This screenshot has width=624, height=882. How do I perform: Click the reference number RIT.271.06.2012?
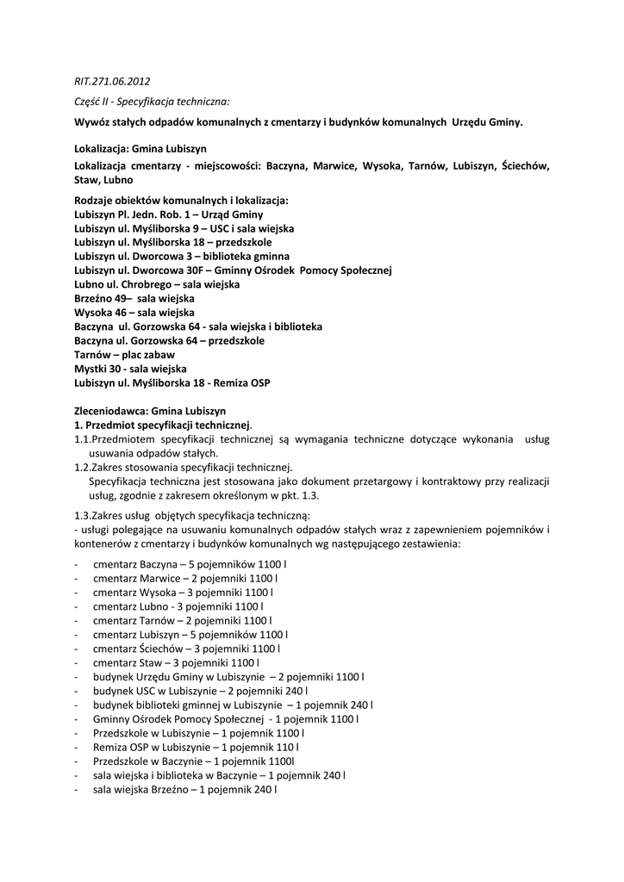(x=112, y=82)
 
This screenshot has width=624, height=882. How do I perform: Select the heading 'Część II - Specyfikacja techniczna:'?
(x=151, y=102)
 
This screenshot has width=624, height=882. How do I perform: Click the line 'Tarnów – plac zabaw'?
(x=124, y=355)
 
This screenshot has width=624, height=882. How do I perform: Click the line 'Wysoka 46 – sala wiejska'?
(x=134, y=311)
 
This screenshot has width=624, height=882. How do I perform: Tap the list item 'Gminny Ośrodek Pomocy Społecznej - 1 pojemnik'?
(x=226, y=718)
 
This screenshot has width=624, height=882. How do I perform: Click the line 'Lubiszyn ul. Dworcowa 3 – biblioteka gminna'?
(x=182, y=256)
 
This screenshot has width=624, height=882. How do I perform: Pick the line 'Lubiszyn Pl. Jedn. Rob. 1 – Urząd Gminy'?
(x=169, y=214)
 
